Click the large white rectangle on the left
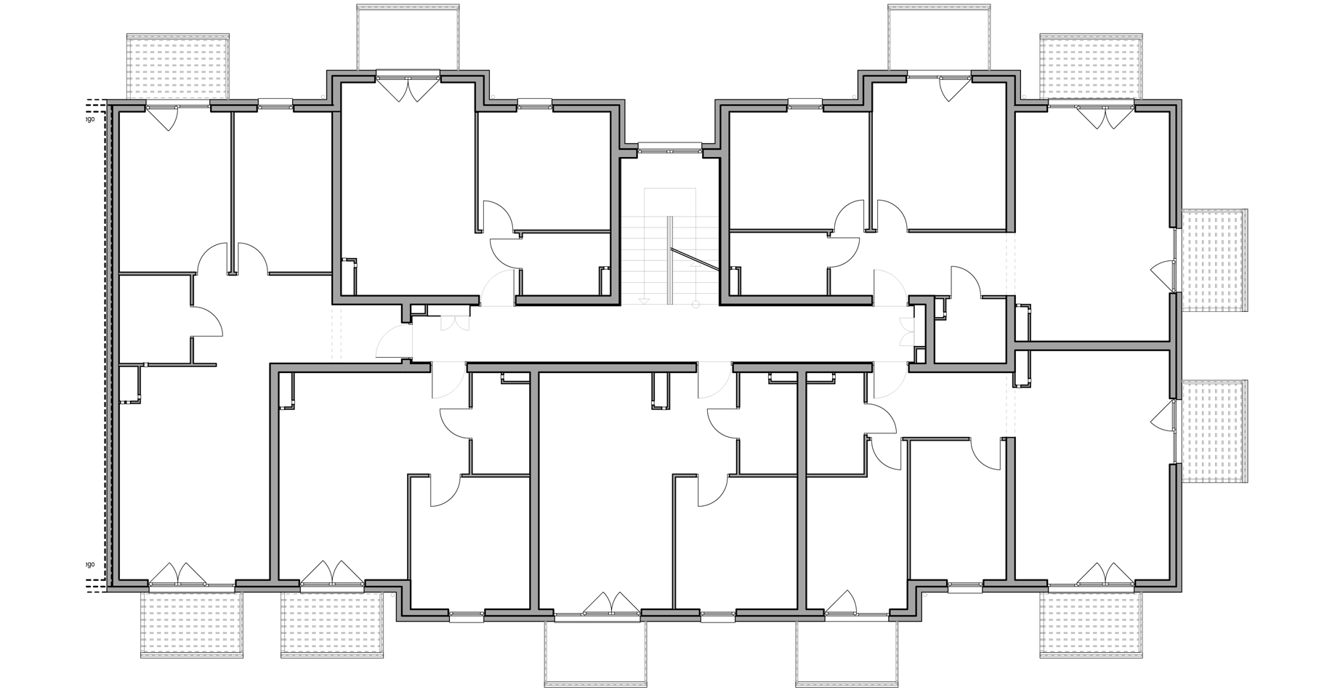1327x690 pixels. click(x=205, y=465)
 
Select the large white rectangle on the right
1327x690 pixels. click(x=1090, y=465)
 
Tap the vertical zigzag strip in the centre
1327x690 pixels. click(x=669, y=267)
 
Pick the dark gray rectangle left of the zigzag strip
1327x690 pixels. click(x=569, y=320)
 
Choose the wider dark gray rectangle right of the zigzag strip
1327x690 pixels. click(x=794, y=320)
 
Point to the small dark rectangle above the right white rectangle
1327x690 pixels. click(x=1049, y=296)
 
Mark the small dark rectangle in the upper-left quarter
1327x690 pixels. click(x=375, y=250)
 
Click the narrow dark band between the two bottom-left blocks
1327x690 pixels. click(x=271, y=624)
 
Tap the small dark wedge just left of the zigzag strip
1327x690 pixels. click(x=586, y=261)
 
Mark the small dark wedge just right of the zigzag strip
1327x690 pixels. click(x=754, y=261)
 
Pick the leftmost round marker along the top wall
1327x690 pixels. click(x=321, y=94)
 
